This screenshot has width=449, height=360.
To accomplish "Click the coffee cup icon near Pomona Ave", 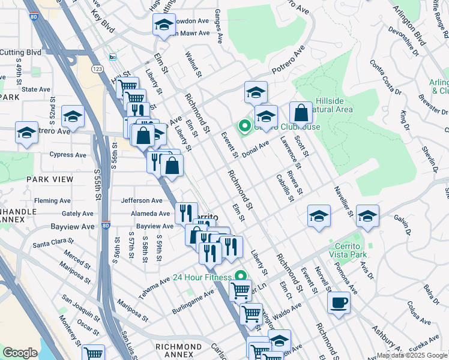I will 339,302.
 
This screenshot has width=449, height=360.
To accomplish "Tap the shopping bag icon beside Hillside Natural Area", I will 301,112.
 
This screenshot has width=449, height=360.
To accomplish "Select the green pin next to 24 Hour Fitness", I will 241,277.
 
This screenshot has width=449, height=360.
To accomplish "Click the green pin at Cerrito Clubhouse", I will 244,126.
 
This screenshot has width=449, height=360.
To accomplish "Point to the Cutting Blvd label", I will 21,53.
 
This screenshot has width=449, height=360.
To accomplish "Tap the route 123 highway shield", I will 97,70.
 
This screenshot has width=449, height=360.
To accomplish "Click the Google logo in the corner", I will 20,353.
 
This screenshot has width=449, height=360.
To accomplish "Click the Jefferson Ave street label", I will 142,200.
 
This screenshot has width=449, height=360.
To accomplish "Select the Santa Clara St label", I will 53,242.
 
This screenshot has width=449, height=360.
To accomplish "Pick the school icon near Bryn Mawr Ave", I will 163,25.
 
